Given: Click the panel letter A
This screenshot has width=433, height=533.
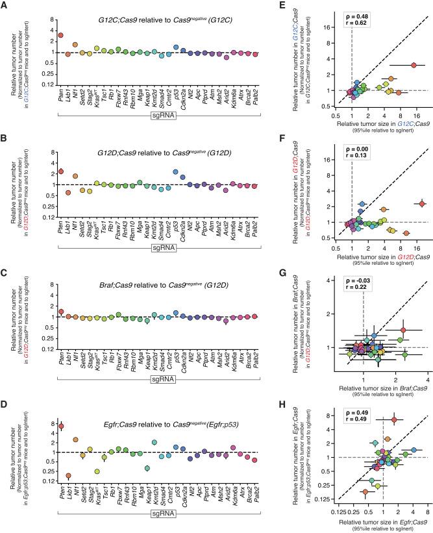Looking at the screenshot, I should (5, 5).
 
